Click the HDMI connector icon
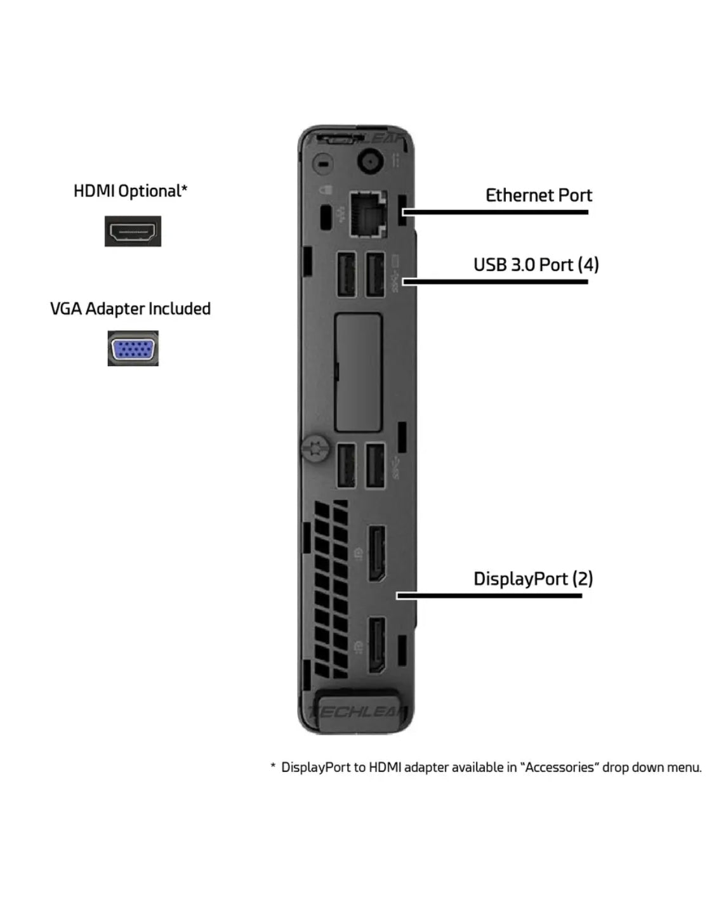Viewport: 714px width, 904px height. tap(133, 231)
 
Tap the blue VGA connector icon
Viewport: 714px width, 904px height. tap(133, 348)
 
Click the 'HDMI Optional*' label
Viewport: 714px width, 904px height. tap(130, 191)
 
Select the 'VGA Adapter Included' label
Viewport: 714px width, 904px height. tap(130, 309)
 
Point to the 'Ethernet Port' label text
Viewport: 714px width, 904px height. tap(538, 195)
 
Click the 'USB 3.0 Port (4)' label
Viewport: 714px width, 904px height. tap(536, 265)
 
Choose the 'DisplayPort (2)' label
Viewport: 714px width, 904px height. tap(532, 579)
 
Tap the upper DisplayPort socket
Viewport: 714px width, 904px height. tap(376, 554)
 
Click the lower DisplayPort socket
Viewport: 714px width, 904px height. tap(376, 645)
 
